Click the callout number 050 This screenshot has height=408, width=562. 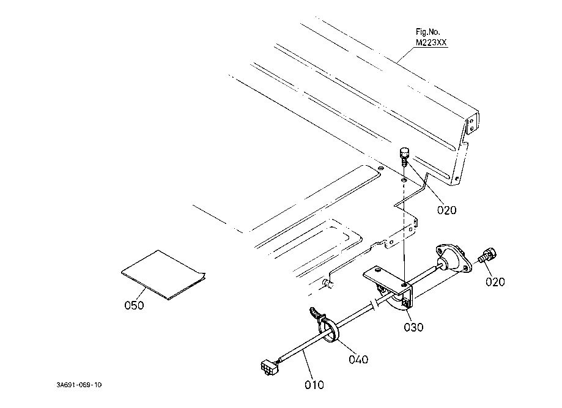pyautogui.click(x=134, y=305)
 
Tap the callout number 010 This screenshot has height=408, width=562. pyautogui.click(x=314, y=385)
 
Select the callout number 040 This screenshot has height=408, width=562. pyautogui.click(x=358, y=359)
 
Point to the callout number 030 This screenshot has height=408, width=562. pyautogui.click(x=413, y=327)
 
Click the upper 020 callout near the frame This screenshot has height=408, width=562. pyautogui.click(x=447, y=210)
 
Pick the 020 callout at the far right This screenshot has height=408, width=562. pyautogui.click(x=495, y=282)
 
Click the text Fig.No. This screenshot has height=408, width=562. pyautogui.click(x=427, y=32)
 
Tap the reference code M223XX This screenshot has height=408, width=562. pyautogui.click(x=431, y=43)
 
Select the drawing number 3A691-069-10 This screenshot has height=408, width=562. pyautogui.click(x=79, y=385)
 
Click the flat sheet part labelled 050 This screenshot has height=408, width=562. pyautogui.click(x=163, y=275)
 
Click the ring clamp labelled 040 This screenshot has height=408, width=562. pyautogui.click(x=328, y=329)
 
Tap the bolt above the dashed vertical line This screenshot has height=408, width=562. pyautogui.click(x=404, y=156)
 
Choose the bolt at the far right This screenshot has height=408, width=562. pyautogui.click(x=488, y=255)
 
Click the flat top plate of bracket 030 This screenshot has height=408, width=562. pyautogui.click(x=387, y=278)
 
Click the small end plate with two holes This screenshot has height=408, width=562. pyautogui.click(x=472, y=123)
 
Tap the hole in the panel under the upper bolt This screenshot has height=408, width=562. pyautogui.click(x=404, y=179)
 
